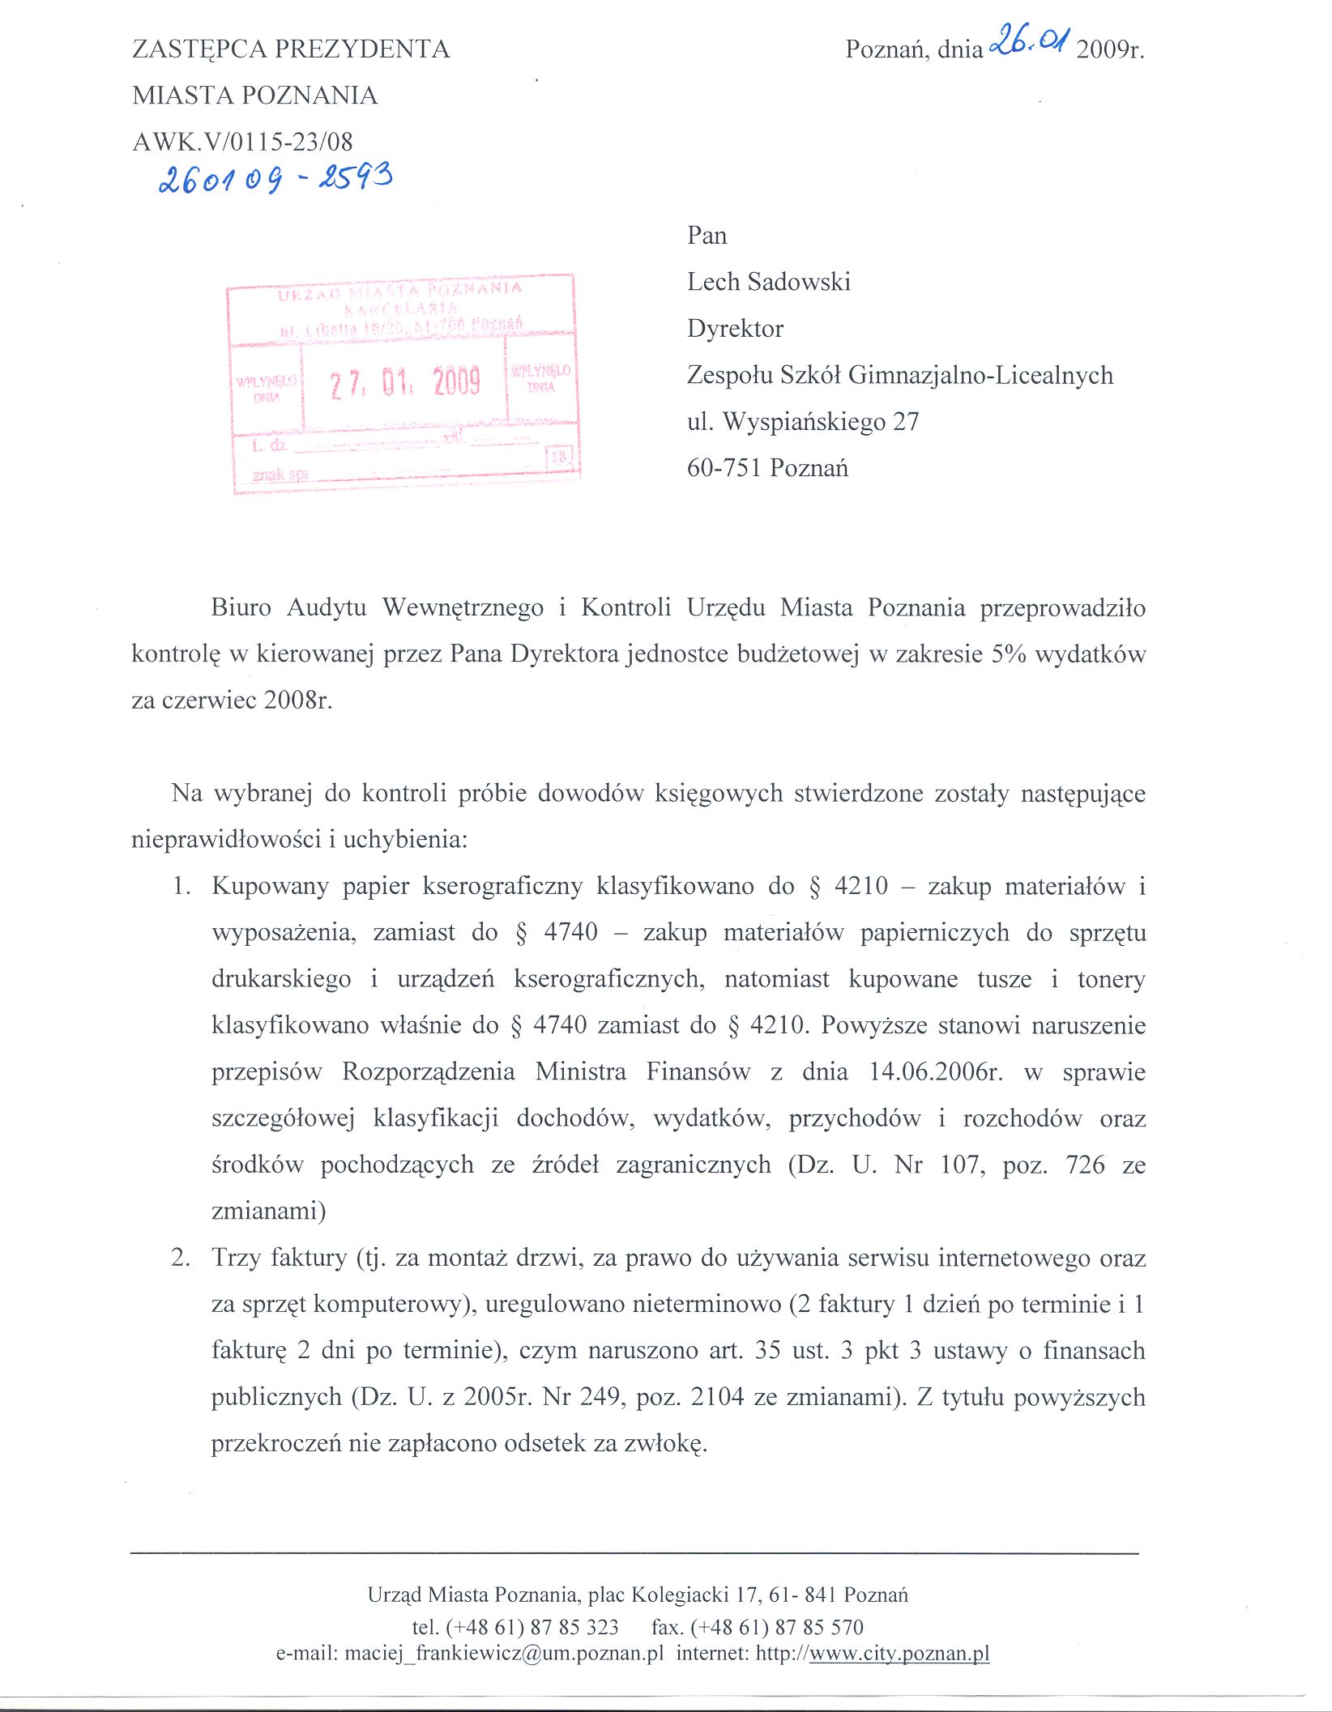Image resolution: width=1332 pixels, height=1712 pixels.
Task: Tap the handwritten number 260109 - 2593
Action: [x=276, y=177]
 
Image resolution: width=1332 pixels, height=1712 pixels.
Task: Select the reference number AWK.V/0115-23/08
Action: [x=242, y=142]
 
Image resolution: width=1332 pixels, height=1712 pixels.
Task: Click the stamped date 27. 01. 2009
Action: [x=404, y=381]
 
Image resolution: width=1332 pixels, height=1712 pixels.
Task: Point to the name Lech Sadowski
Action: [x=768, y=282]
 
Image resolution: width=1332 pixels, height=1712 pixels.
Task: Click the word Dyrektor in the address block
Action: [x=735, y=329]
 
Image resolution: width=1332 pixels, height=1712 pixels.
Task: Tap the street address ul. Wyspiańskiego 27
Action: [x=802, y=422]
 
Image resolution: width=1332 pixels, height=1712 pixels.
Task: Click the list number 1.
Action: [x=181, y=886]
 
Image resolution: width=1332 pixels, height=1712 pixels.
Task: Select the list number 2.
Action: [x=181, y=1258]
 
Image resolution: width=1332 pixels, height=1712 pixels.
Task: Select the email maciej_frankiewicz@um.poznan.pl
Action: [x=504, y=1653]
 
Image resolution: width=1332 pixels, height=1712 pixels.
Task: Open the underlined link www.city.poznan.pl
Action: [x=899, y=1653]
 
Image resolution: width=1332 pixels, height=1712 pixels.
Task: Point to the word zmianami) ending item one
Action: [x=269, y=1212]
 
